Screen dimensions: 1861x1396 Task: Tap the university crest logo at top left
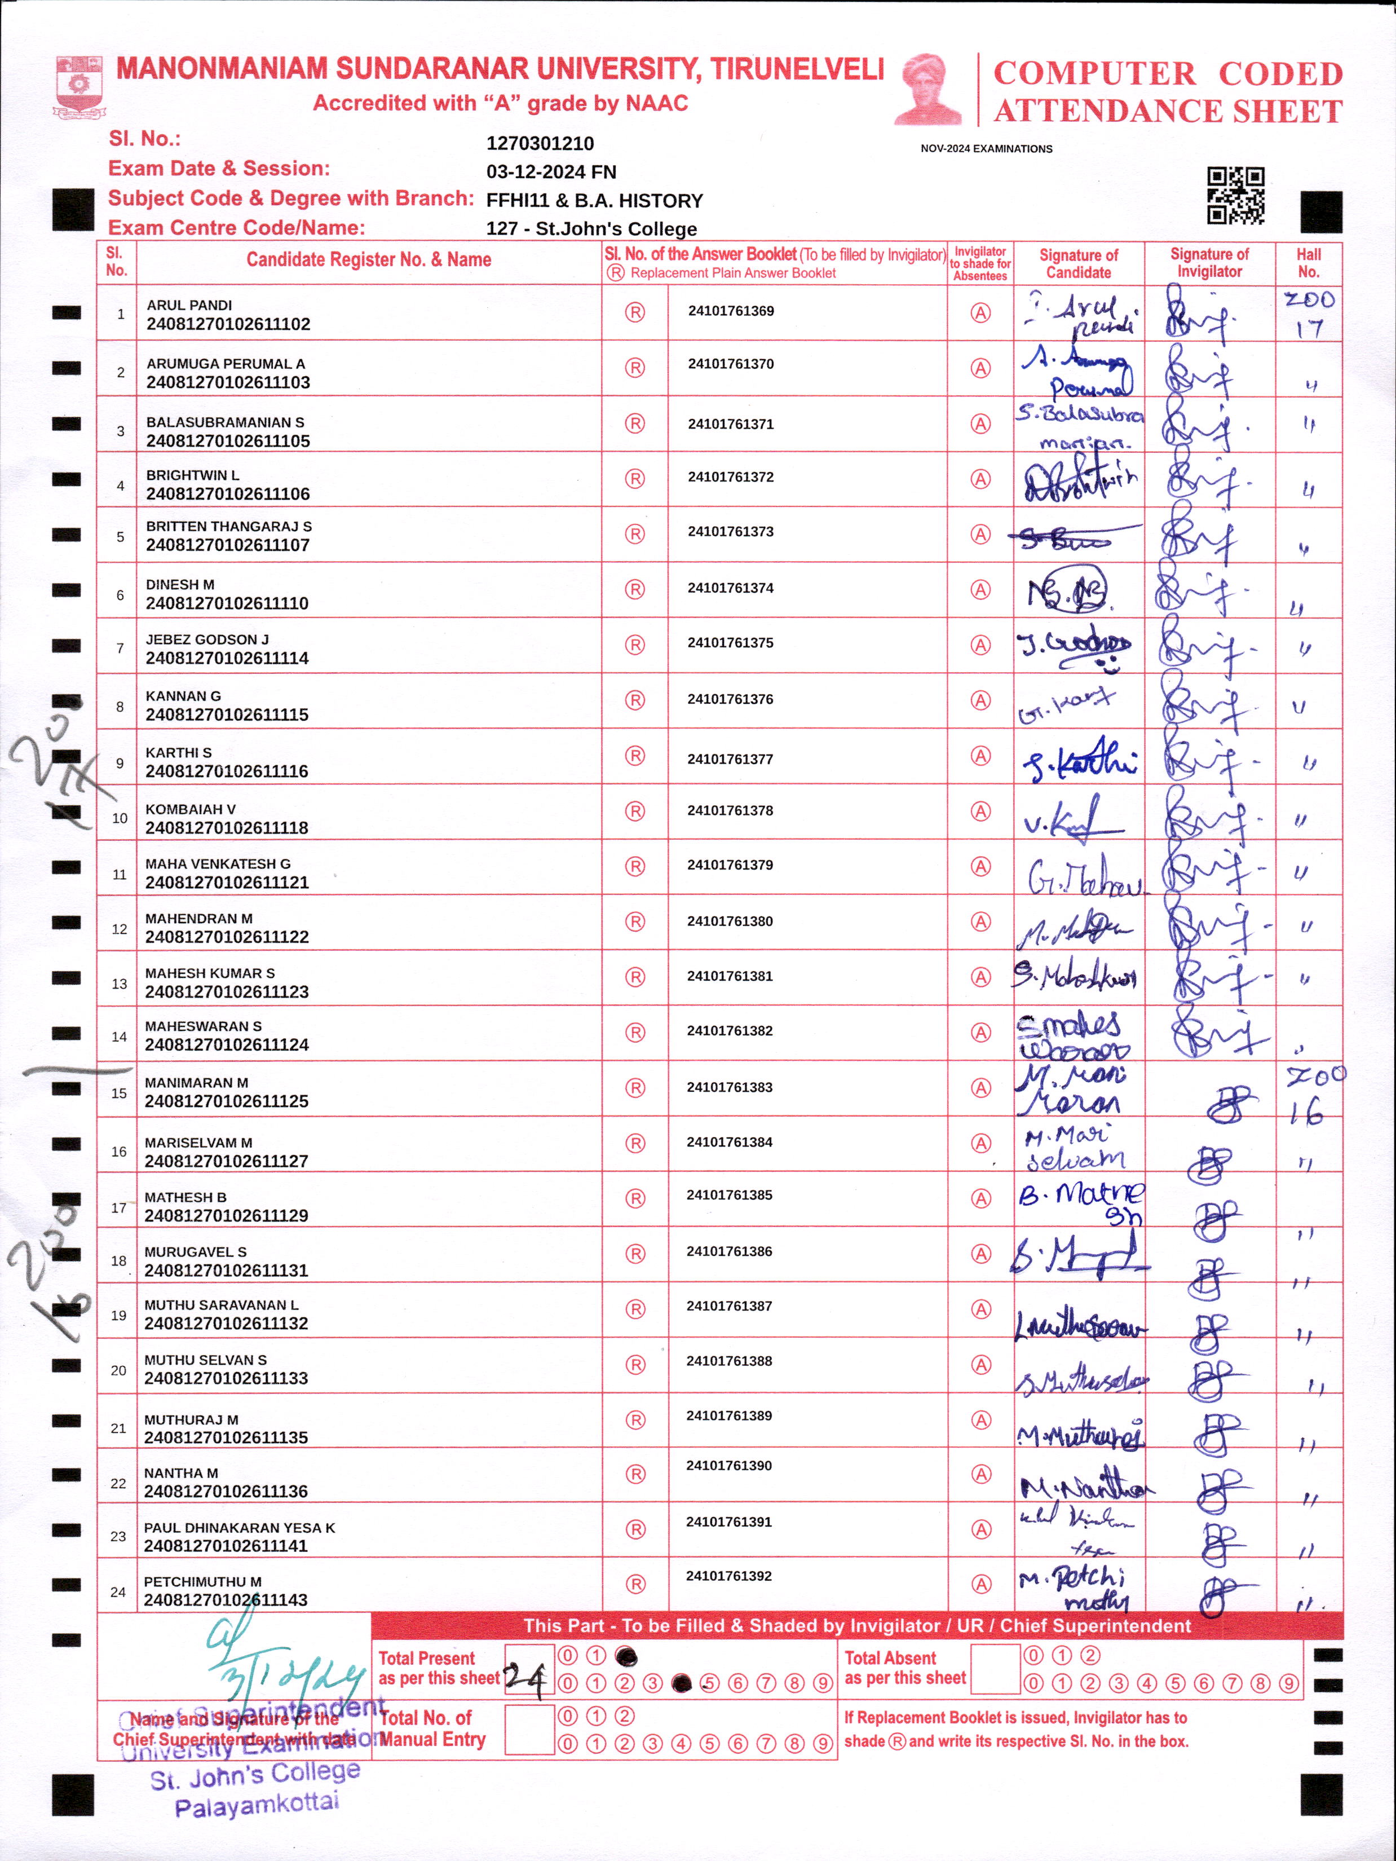(x=79, y=86)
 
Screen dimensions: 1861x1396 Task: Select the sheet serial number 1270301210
(x=540, y=144)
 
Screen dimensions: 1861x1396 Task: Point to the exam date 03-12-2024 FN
(x=551, y=173)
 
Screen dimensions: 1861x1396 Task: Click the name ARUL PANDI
(x=189, y=306)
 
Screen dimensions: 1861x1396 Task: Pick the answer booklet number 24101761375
(x=730, y=643)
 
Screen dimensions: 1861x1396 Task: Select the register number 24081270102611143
(x=226, y=1600)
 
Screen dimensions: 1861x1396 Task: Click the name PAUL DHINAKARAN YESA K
(x=239, y=1528)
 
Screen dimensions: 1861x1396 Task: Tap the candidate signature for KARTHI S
(x=1079, y=761)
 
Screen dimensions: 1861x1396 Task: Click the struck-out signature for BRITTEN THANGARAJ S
(x=1072, y=537)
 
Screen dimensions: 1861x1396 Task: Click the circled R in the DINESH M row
(x=635, y=590)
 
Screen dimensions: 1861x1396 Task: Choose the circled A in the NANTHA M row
(x=980, y=1474)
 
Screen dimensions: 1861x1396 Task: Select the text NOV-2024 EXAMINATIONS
(x=987, y=149)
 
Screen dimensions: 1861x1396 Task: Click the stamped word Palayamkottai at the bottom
(x=257, y=1805)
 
